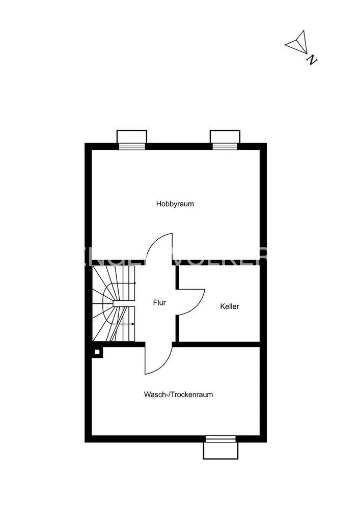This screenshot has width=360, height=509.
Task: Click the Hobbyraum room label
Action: (x=175, y=204)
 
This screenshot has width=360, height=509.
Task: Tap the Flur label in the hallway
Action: (x=159, y=302)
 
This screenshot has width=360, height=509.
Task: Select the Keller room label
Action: (x=229, y=306)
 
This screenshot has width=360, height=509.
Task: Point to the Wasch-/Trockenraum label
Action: (x=178, y=394)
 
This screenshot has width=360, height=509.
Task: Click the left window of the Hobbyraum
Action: (x=132, y=147)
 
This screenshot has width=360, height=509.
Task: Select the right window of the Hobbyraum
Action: (x=225, y=147)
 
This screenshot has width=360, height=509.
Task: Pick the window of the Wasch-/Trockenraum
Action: (x=220, y=439)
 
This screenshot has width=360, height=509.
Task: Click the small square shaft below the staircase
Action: (x=97, y=352)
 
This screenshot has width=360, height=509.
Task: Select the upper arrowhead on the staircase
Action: (x=134, y=282)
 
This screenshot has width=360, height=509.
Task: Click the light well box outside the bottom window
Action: (x=220, y=450)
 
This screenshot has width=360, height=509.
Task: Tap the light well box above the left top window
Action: (x=132, y=136)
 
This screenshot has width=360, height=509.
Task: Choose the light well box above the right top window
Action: (x=225, y=136)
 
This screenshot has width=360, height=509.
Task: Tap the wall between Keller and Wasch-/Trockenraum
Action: (x=219, y=345)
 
